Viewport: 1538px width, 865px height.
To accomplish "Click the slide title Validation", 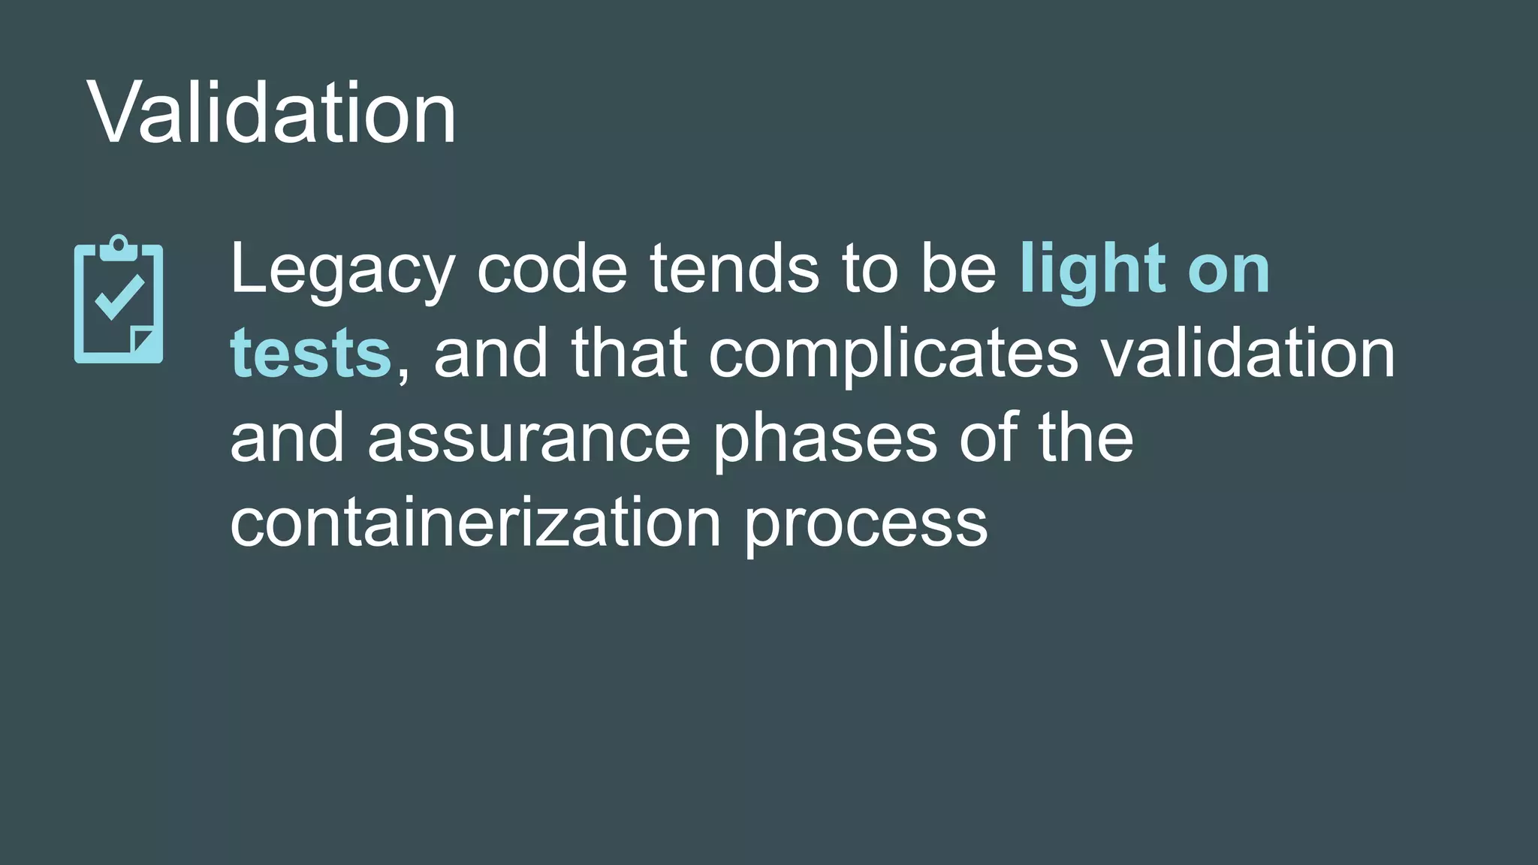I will coord(272,113).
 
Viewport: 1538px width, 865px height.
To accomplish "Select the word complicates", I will coord(894,355).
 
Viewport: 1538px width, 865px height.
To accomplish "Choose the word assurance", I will coord(529,439).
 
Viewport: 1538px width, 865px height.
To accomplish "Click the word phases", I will coord(825,440).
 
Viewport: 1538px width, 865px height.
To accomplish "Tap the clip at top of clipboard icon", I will coord(119,246).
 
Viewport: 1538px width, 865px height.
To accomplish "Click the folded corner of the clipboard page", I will coord(142,339).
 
